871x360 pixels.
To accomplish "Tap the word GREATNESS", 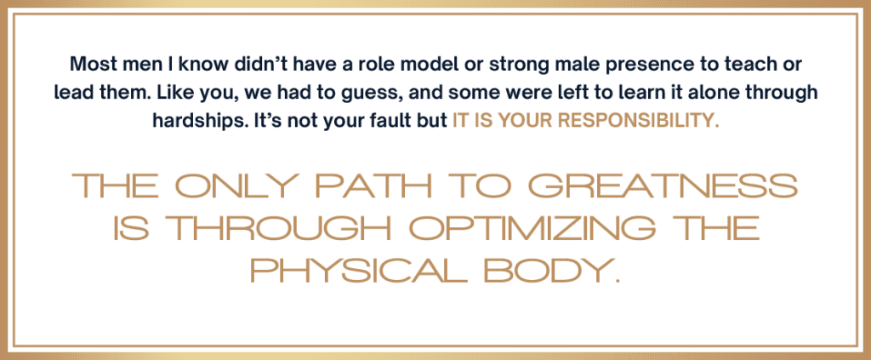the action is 662,186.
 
